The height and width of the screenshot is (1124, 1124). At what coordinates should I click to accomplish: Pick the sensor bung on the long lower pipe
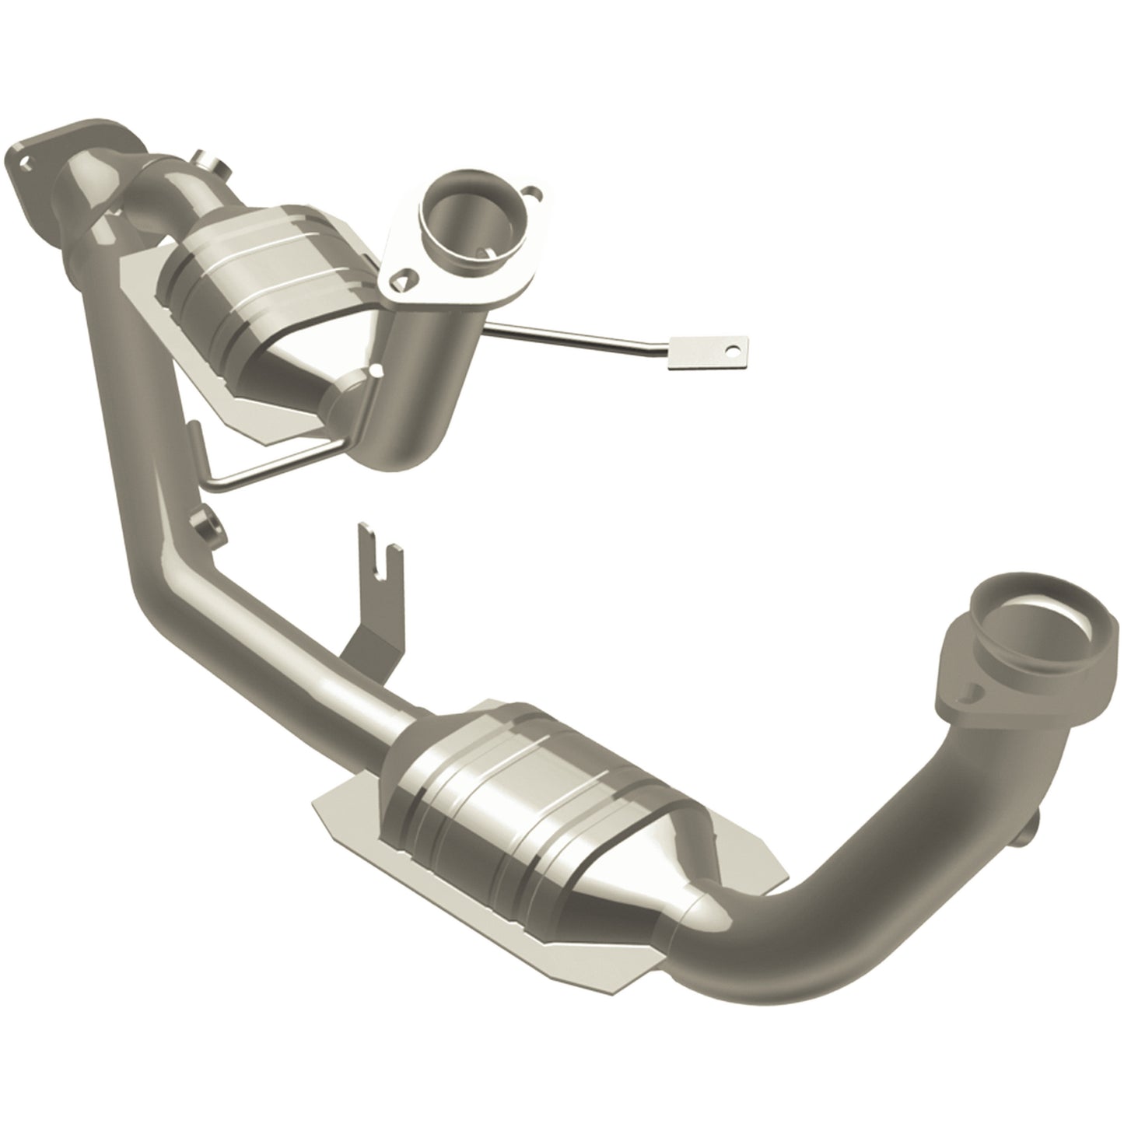pyautogui.click(x=210, y=529)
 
